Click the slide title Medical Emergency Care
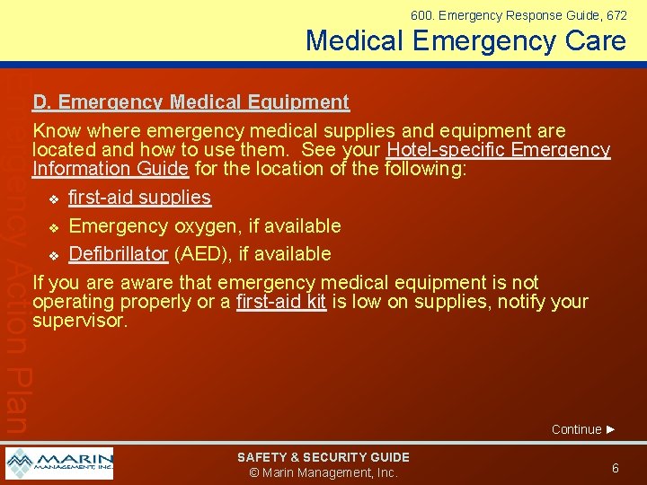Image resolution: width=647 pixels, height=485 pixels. point(465,41)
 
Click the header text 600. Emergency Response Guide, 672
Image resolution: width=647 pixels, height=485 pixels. point(518,15)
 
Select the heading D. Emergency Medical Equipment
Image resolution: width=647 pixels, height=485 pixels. point(191,102)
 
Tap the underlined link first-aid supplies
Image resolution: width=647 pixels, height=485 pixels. point(139,198)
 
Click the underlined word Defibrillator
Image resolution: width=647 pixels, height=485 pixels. point(119,254)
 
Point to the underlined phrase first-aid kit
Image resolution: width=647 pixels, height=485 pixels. point(280,302)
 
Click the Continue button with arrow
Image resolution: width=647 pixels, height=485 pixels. point(583,429)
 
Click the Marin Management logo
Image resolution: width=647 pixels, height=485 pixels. point(59,463)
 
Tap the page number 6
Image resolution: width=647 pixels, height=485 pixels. point(616,468)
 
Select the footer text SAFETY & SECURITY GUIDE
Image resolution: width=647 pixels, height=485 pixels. point(323,457)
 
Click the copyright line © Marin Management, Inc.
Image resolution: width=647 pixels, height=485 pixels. point(323,473)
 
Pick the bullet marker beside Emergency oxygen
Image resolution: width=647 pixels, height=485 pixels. point(54,226)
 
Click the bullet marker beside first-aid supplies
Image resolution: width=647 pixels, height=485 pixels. point(54,198)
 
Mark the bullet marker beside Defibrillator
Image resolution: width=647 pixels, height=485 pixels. point(54,255)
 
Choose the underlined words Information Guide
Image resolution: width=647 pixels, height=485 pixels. point(111,169)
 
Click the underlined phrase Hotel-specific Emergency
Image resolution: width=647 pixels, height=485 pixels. point(498,151)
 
